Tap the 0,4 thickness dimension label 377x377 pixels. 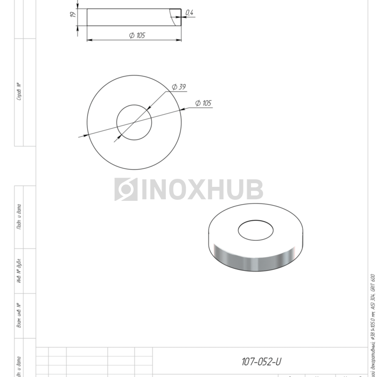(189, 12)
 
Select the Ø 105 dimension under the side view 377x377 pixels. (137, 36)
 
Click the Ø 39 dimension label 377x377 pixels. (179, 87)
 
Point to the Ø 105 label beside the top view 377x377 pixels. (203, 103)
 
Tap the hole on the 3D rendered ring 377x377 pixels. (256, 231)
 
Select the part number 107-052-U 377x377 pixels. (261, 361)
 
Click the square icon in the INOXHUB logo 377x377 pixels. (125, 190)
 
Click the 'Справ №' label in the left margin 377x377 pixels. (18, 92)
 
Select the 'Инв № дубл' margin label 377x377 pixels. (18, 271)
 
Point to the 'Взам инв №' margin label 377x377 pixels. (18, 316)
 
